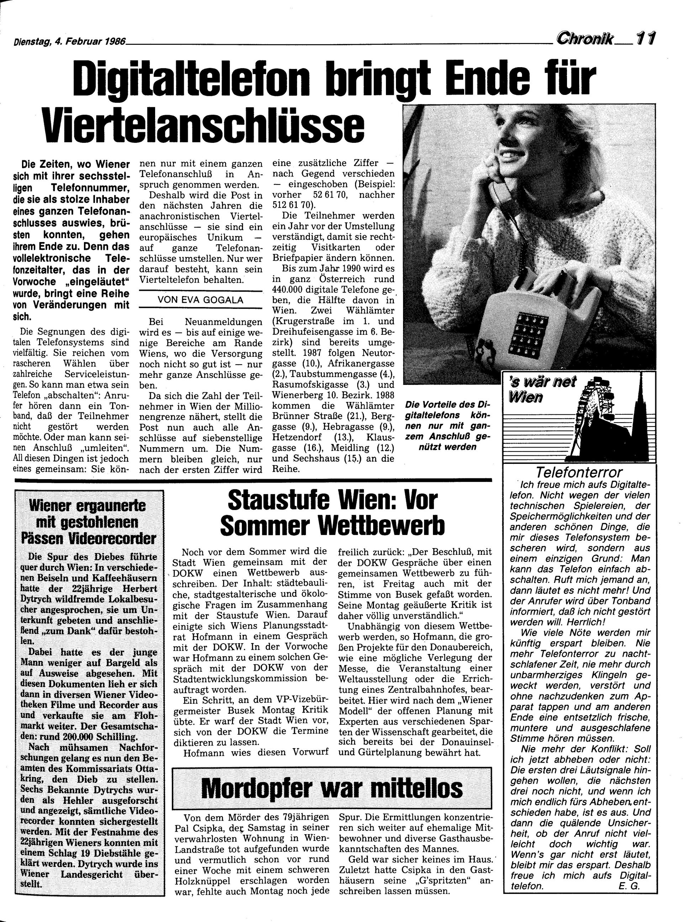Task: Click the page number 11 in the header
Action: pyautogui.click(x=647, y=38)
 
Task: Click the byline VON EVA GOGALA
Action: pyautogui.click(x=201, y=300)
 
